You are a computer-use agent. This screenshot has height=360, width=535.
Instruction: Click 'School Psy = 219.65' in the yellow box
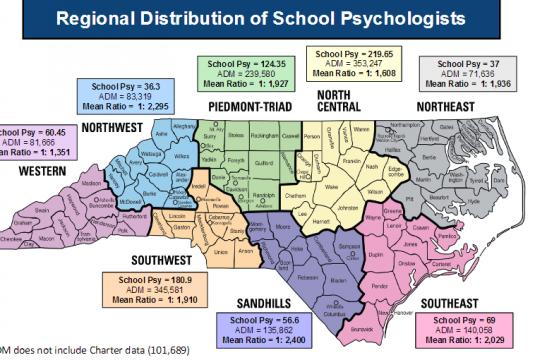(352, 50)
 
